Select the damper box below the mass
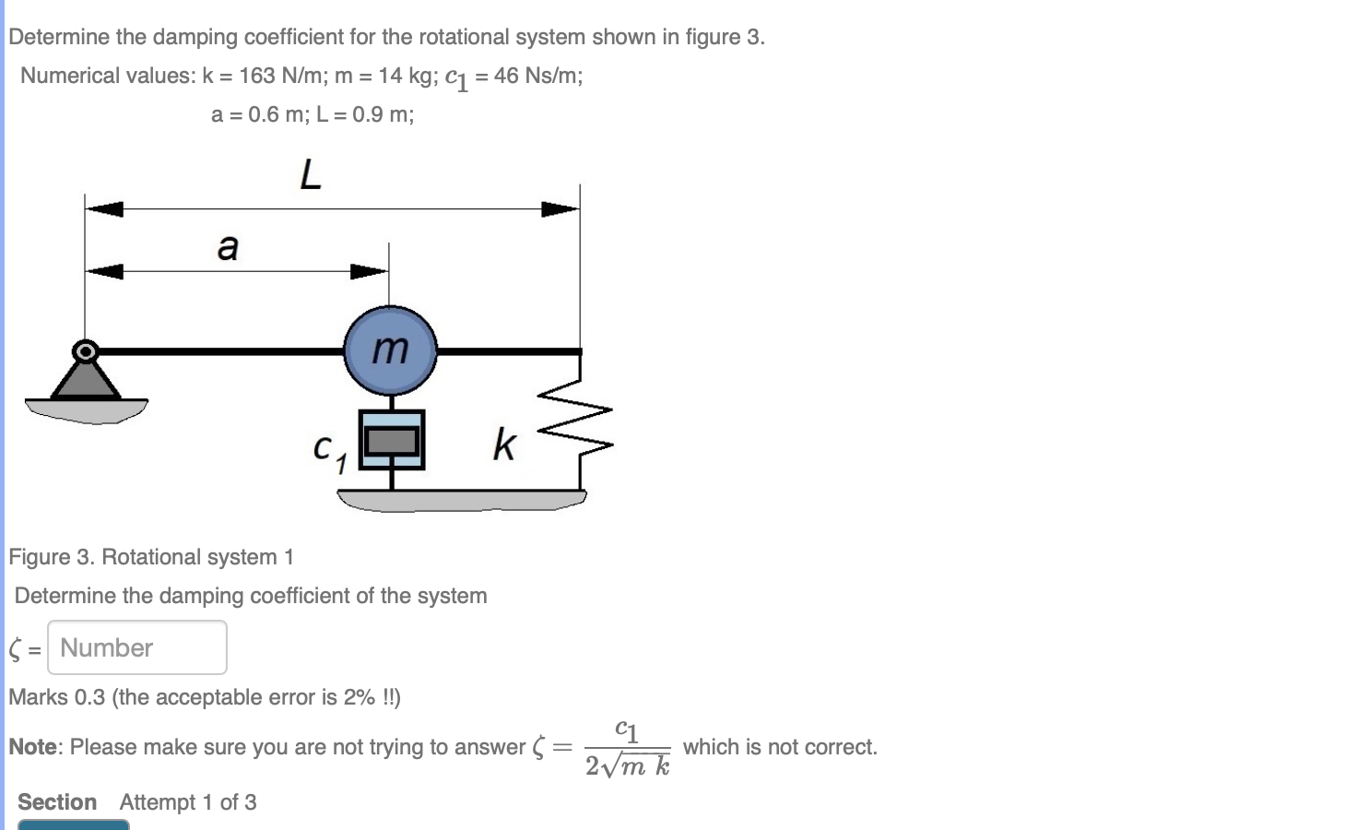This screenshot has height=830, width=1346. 392,440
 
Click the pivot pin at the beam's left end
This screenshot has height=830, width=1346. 86,351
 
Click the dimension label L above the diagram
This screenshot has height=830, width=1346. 311,173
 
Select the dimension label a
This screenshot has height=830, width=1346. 228,247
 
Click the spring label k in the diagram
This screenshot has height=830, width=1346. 504,445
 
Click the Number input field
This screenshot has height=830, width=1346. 137,647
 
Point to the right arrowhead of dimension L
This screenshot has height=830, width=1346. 560,209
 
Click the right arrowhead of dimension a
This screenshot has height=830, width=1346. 369,271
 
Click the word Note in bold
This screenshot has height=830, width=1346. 33,747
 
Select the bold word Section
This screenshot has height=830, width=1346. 57,802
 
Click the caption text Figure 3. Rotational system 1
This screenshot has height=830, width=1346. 151,557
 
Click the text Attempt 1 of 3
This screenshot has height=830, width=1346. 188,802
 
